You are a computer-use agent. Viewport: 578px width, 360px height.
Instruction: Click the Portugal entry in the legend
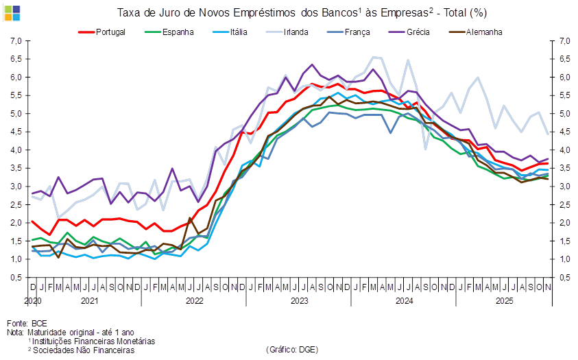(104, 32)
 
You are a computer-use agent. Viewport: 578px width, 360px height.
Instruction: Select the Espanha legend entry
(171, 32)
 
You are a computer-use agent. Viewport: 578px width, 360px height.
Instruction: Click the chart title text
(302, 12)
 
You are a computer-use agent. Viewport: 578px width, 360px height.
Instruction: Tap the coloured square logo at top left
(12, 12)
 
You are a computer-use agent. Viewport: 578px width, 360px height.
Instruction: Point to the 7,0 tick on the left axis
(17, 41)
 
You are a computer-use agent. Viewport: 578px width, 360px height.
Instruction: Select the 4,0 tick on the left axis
(17, 150)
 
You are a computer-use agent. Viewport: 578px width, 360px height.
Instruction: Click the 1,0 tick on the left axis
(17, 259)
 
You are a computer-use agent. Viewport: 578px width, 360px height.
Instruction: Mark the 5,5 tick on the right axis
(562, 95)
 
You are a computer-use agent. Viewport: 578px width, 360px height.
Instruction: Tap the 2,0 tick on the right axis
(562, 223)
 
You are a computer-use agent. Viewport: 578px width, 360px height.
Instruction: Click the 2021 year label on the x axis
(89, 300)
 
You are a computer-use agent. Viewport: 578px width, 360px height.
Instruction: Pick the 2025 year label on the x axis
(505, 300)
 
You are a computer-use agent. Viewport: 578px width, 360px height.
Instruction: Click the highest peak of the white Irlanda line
(375, 56)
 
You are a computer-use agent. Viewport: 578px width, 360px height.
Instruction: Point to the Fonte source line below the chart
(27, 322)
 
